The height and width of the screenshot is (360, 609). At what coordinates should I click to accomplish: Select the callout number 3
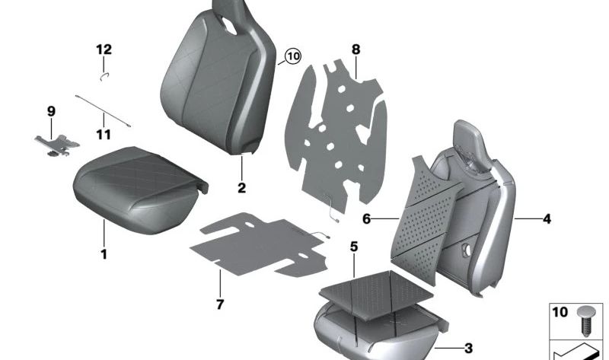467,348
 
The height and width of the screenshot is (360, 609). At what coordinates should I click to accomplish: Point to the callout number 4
546,219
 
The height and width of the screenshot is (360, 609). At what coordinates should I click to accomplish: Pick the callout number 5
354,246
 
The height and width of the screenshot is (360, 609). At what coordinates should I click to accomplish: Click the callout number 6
366,219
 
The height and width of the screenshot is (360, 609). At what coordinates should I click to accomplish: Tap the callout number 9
52,111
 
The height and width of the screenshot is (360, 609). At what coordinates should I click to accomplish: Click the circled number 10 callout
293,56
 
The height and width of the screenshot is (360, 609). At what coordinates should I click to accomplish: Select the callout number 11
104,135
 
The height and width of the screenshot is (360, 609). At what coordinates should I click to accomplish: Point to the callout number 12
104,49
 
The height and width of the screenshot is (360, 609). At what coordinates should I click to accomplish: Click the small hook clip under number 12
104,75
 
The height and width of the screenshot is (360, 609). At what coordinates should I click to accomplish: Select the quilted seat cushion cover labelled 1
137,183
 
